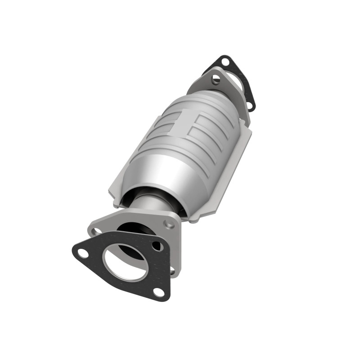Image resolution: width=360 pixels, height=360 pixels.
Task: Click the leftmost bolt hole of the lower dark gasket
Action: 83,253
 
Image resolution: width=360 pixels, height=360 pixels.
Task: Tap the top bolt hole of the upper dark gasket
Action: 225,61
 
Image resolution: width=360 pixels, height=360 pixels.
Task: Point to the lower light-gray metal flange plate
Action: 135,220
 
